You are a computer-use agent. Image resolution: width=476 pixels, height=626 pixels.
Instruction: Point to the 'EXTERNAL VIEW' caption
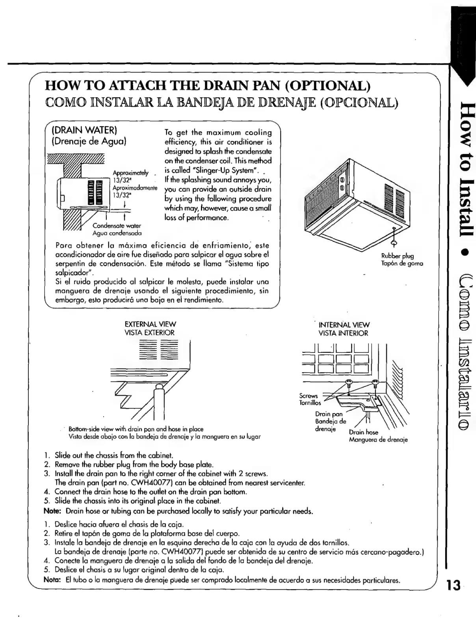pos(150,324)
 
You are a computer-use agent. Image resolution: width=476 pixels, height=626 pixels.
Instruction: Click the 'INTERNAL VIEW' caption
pos(344,325)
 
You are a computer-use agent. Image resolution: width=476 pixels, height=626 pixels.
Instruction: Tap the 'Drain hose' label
pos(363,432)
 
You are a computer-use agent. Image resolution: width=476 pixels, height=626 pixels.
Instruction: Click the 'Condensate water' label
pos(117,226)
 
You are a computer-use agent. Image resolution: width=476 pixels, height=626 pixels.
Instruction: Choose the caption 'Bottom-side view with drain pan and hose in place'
pos(136,429)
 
